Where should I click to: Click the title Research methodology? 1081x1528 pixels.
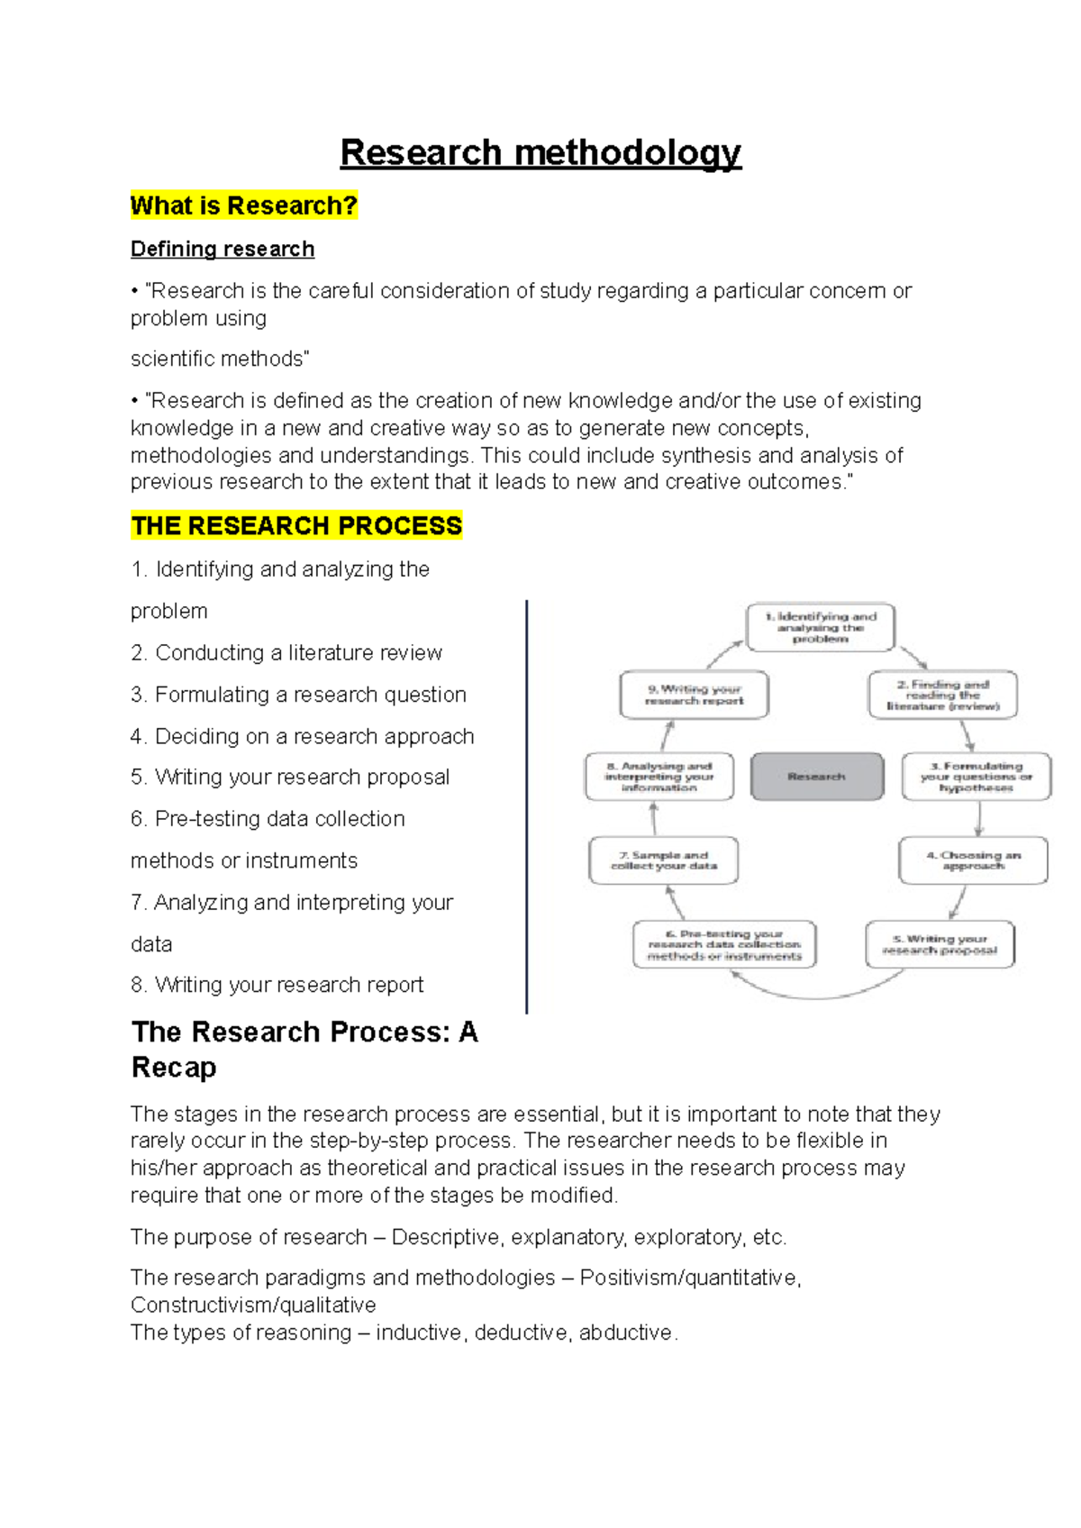pos(540,152)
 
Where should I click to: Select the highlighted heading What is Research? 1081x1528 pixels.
pos(243,205)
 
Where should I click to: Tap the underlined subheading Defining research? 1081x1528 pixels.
pos(223,249)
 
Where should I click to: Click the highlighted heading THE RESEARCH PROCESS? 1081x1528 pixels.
pos(296,525)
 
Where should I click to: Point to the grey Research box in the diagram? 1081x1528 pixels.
pos(816,776)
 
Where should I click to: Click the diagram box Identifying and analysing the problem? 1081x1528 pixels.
pos(820,627)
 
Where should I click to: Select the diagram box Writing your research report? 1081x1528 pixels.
pos(694,695)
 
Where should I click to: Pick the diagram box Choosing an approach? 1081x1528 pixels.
pos(973,860)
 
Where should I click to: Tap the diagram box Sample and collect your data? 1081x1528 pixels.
pos(664,860)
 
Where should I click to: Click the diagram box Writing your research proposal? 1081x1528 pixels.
pos(940,944)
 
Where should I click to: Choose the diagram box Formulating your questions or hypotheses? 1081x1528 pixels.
pos(976,777)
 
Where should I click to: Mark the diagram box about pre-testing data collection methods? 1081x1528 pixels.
pos(724,944)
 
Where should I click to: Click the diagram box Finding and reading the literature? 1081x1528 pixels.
pos(942,695)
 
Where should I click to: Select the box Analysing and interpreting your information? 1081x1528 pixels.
pos(659,777)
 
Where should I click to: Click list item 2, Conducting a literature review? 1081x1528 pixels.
pos(286,652)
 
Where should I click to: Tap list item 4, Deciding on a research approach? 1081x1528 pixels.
pos(302,736)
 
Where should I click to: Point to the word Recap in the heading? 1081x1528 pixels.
pos(174,1068)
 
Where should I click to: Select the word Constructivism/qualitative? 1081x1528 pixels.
pos(253,1305)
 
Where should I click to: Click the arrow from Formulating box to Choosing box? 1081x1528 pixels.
pos(979,818)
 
